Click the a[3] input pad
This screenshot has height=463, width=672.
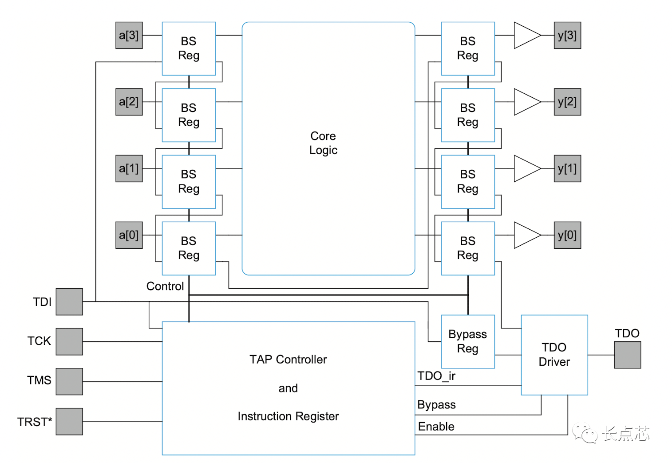coord(129,35)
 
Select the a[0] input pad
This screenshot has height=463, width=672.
coord(129,235)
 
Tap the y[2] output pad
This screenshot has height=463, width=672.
coord(567,102)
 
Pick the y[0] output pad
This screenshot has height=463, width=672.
coord(567,235)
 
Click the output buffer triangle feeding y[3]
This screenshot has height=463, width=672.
coord(526,35)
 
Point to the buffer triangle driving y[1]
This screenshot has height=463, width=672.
coord(526,168)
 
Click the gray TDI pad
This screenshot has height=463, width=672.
coord(69,302)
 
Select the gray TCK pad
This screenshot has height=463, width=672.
coord(69,342)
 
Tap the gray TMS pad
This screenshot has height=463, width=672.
coord(69,382)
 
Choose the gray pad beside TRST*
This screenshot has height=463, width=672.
coord(69,422)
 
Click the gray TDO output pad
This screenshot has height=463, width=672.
coord(627,355)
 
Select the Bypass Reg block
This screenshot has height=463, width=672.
coord(468,341)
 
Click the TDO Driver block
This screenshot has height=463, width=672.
coord(554,355)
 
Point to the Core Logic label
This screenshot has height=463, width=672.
coord(323,143)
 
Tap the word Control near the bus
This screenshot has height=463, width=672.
coord(165,286)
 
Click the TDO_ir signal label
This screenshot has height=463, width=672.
coord(436,376)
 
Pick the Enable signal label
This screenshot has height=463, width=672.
coord(436,427)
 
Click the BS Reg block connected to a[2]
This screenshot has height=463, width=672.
coord(189,115)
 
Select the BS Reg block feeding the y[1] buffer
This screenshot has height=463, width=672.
coord(468,182)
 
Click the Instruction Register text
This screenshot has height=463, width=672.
coord(288,416)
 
